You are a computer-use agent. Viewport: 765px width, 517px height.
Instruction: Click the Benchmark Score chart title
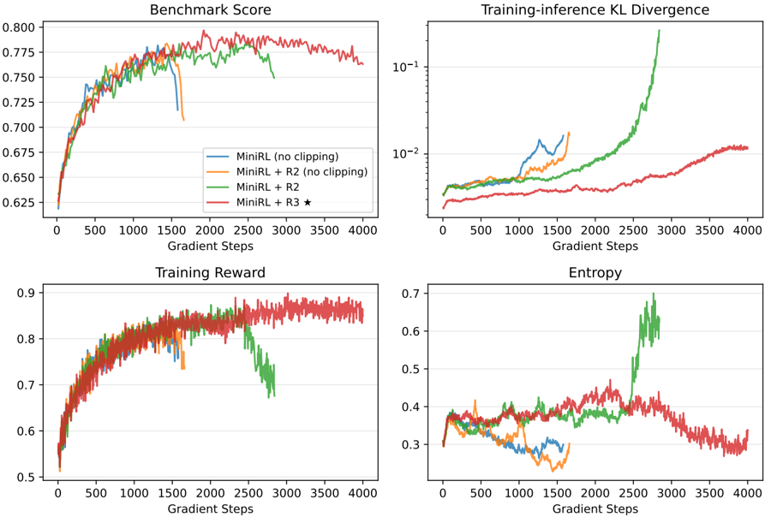210,9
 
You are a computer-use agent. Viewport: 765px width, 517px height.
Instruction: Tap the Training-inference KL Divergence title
595,9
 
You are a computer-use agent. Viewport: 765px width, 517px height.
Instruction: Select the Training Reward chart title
210,272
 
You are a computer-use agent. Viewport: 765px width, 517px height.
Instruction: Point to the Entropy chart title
595,272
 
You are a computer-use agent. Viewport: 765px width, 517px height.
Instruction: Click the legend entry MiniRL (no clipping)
287,157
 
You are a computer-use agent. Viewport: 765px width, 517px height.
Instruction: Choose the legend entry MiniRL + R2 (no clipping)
302,171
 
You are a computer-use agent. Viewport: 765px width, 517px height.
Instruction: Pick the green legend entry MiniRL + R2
268,187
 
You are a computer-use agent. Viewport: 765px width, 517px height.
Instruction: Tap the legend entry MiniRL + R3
268,202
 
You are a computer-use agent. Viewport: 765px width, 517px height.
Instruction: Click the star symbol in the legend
308,202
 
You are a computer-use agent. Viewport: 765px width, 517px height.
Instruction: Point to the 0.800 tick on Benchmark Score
19,27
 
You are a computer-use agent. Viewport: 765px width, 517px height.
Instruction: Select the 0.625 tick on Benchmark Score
19,202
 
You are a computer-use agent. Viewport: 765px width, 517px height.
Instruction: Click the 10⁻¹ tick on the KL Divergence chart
405,66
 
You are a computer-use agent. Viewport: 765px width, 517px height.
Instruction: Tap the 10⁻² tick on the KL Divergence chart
405,153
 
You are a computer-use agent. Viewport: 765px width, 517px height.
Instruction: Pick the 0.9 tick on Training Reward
27,293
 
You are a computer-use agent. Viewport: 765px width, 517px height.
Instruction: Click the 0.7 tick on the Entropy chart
411,294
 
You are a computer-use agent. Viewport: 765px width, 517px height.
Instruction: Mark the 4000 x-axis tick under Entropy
748,493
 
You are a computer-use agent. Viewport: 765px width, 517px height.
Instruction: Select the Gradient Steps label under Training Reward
210,509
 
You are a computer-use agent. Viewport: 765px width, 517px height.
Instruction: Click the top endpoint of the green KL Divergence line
659,30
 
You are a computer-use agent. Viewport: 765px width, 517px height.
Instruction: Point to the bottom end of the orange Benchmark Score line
183,120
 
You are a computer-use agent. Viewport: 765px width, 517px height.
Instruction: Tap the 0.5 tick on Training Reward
27,477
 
